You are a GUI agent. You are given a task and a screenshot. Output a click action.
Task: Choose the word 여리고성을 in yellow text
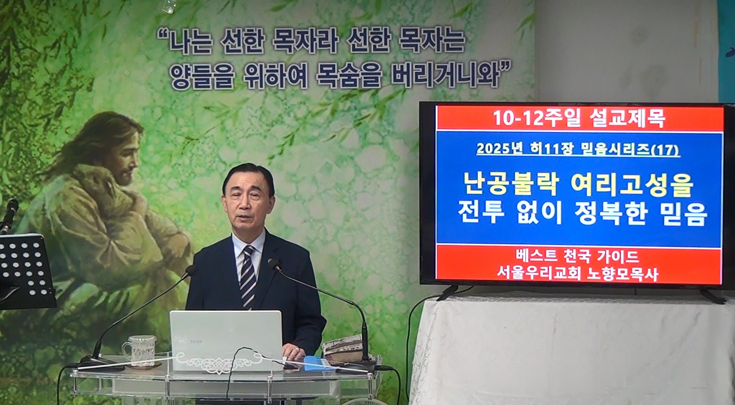pyautogui.click(x=632, y=185)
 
